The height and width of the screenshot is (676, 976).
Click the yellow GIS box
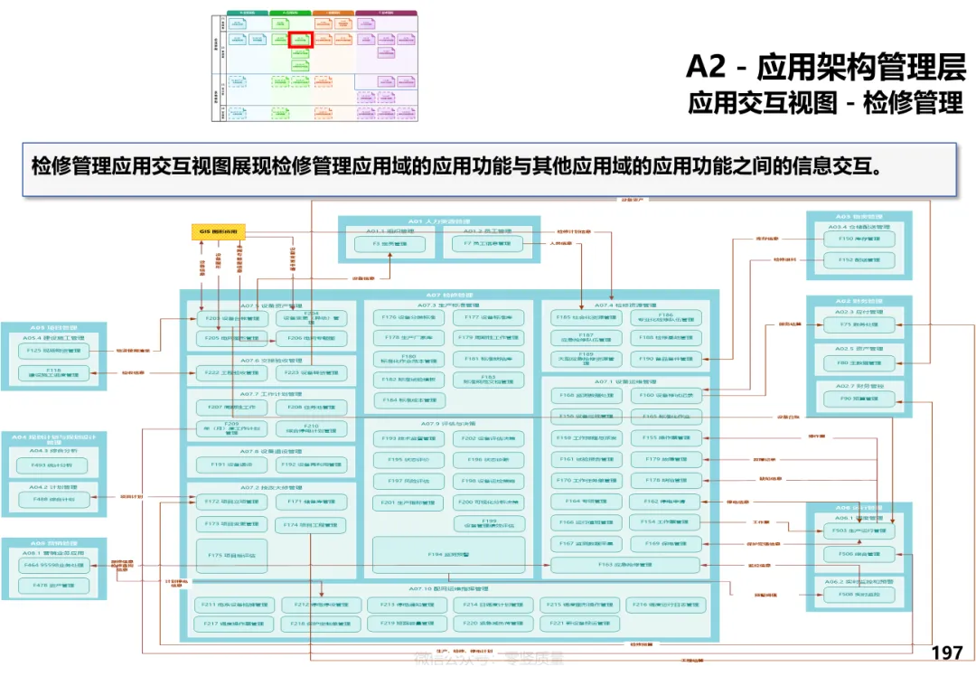point(218,232)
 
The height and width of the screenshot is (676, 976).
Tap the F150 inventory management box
point(859,239)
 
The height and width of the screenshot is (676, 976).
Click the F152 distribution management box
point(859,260)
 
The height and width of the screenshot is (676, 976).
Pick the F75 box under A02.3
point(859,324)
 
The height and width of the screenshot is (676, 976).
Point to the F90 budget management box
point(859,398)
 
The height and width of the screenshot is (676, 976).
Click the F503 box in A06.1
point(859,530)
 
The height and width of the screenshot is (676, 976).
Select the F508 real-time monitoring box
point(859,595)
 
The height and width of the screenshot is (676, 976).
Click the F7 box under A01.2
point(487,244)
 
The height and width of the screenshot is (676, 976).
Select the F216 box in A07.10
point(664,605)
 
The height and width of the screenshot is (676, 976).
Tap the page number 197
point(946,653)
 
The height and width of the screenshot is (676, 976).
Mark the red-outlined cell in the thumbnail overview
point(301,40)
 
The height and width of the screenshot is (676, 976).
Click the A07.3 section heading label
point(447,305)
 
